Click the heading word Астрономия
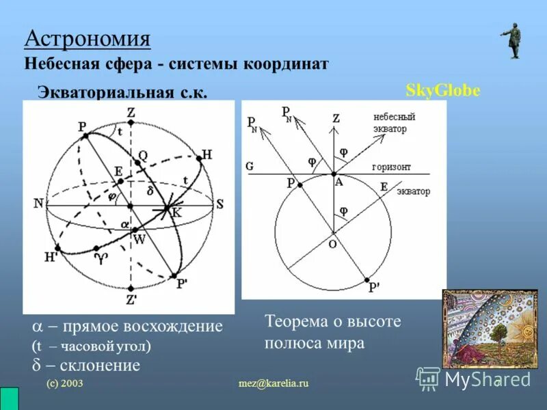[87, 38]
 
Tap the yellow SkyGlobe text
[443, 91]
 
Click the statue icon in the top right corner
[511, 40]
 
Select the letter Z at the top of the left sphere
[131, 112]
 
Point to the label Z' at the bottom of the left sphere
[131, 299]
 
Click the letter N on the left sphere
[38, 204]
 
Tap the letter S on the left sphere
[219, 203]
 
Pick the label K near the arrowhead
[176, 213]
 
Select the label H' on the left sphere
[51, 258]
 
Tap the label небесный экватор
[394, 122]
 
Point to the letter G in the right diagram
[250, 165]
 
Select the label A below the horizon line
[338, 181]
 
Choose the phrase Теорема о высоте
[332, 321]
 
